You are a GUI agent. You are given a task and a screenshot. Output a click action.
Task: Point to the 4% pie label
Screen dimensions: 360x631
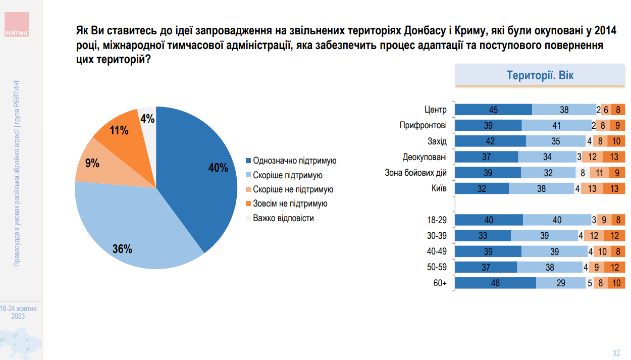pyautogui.click(x=147, y=119)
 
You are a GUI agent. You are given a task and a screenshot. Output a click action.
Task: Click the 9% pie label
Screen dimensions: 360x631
pyautogui.click(x=92, y=163)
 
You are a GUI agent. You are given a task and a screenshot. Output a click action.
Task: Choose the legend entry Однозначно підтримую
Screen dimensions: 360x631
pyautogui.click(x=294, y=161)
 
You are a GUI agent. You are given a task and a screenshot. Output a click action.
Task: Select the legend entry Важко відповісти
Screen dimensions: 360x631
pyautogui.click(x=283, y=219)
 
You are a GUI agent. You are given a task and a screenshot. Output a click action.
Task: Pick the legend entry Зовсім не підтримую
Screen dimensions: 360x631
pyautogui.click(x=290, y=204)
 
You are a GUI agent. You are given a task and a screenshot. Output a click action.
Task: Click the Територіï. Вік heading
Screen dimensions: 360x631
pyautogui.click(x=540, y=76)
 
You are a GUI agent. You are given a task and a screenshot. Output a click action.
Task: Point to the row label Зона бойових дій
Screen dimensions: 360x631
pyautogui.click(x=415, y=173)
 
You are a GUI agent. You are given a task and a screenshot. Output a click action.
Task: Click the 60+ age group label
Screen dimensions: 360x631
pyautogui.click(x=440, y=283)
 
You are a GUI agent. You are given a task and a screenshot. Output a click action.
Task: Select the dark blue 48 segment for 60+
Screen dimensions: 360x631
pyautogui.click(x=495, y=283)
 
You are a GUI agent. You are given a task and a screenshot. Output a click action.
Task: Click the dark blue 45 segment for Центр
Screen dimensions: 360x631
pyautogui.click(x=493, y=110)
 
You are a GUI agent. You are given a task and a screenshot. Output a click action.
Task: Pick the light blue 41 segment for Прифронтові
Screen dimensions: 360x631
pyautogui.click(x=556, y=125)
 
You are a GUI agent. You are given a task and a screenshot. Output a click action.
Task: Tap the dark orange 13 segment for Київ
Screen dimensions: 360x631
pyautogui.click(x=614, y=188)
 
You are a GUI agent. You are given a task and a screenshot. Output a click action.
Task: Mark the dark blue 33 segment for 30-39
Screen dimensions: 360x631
pyautogui.click(x=483, y=236)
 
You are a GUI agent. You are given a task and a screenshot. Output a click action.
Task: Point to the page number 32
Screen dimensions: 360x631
pyautogui.click(x=616, y=353)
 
